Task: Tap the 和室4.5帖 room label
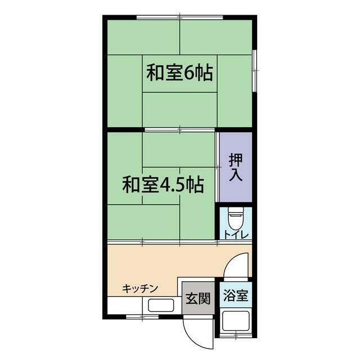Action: click(x=163, y=184)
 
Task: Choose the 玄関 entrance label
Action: click(x=197, y=298)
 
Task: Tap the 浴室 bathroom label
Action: click(x=235, y=294)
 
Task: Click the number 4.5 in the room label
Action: click(x=173, y=184)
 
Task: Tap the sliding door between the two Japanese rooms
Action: click(x=180, y=129)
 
